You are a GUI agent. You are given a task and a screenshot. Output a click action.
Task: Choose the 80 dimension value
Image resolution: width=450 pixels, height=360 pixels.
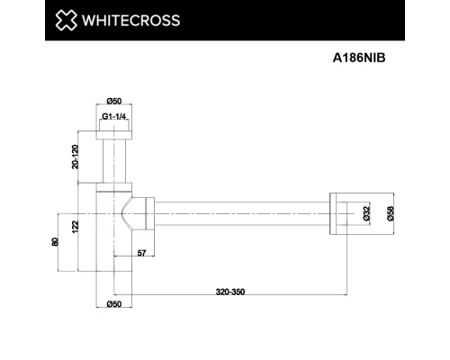[55, 243]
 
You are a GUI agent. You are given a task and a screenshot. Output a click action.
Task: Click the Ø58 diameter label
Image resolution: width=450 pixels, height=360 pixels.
[390, 213]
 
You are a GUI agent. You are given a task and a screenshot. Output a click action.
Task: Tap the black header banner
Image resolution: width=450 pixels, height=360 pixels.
[225, 20]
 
